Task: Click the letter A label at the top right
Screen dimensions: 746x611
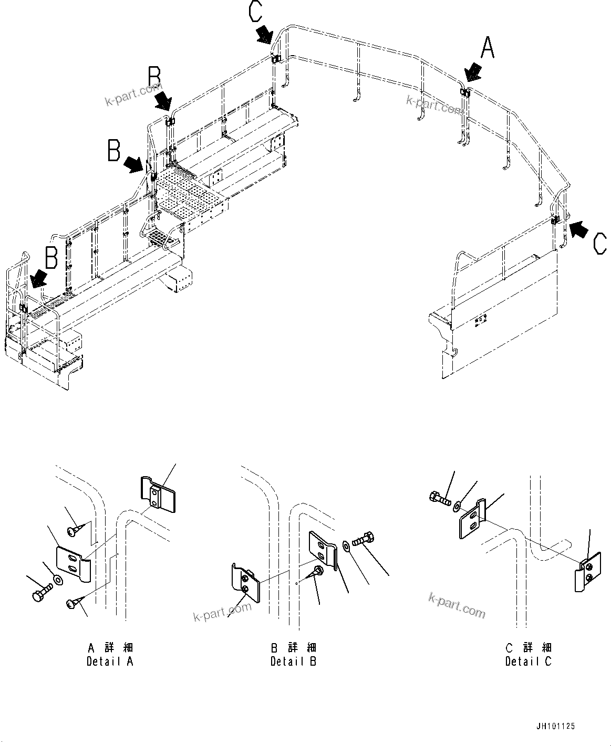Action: (488, 48)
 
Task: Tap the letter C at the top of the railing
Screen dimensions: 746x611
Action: (256, 12)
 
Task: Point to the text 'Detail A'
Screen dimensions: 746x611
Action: (110, 661)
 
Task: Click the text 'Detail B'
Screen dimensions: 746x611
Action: (293, 661)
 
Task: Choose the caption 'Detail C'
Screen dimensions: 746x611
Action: (528, 661)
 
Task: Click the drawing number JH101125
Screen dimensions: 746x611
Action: (556, 727)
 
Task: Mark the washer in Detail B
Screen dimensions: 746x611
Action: (346, 547)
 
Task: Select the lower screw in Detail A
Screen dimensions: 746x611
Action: (72, 604)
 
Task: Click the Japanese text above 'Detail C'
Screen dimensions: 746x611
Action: (528, 647)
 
